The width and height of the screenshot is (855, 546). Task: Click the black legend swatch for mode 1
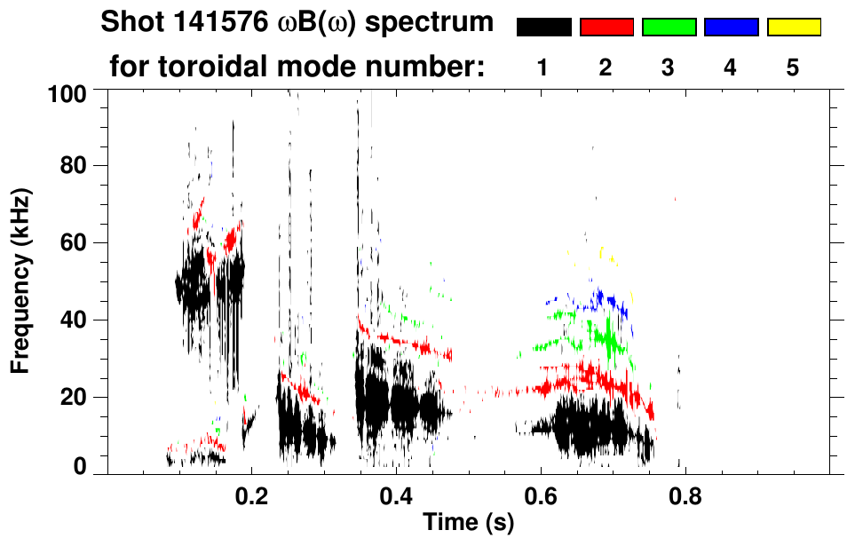point(543,28)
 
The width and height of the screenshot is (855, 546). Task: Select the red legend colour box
point(606,28)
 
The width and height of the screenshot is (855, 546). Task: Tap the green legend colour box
point(669,28)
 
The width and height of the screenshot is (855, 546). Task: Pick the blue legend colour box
point(731,28)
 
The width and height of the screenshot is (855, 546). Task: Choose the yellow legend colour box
point(793,28)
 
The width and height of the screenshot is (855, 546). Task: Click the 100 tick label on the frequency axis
point(66,92)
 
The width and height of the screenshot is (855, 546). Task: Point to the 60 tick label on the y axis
point(72,243)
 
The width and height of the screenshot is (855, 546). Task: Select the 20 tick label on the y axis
point(72,397)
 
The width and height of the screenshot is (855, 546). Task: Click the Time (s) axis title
point(467,523)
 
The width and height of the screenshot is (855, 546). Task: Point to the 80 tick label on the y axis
point(72,167)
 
